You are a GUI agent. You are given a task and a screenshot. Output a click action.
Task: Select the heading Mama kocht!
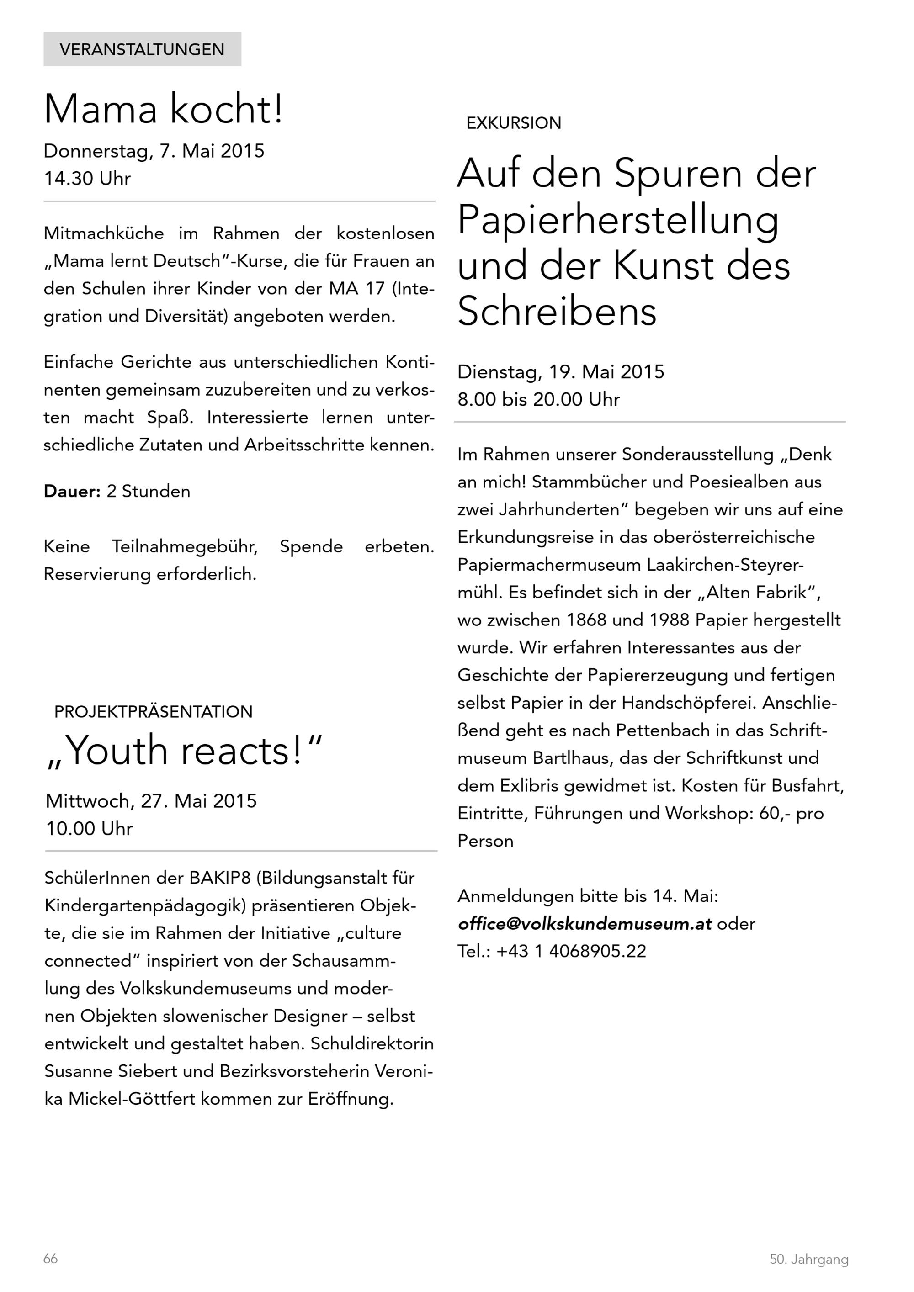tap(163, 109)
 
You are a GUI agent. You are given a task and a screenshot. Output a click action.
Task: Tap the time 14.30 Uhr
tap(87, 179)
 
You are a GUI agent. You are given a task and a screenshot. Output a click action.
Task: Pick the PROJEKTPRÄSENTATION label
tap(153, 712)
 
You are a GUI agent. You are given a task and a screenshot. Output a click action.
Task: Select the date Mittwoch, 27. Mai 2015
tap(151, 801)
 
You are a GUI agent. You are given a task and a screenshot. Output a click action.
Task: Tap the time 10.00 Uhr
tap(89, 829)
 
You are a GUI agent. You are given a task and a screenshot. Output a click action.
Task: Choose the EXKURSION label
tap(513, 123)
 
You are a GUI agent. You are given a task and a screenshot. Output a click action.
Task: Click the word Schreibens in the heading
tap(557, 311)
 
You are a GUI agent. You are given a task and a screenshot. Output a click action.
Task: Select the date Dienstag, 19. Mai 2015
tap(561, 372)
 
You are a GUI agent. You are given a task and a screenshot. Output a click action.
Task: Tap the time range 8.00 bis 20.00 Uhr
tap(539, 400)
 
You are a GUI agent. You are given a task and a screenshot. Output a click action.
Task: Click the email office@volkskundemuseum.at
tap(585, 924)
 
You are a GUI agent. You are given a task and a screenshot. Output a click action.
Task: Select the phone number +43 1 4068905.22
tap(571, 952)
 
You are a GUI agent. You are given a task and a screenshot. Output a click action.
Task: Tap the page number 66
tap(51, 1259)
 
